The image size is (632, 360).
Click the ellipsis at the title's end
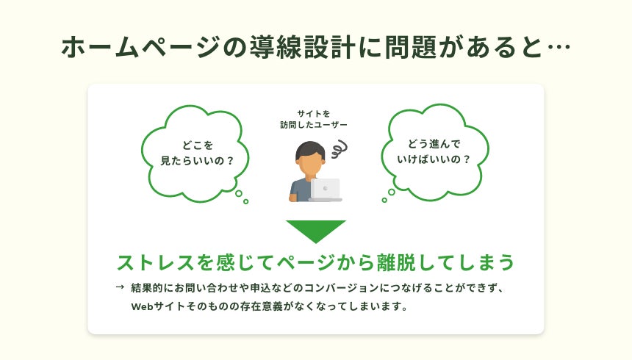559,48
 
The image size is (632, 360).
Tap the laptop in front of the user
326,190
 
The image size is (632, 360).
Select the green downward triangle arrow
316,230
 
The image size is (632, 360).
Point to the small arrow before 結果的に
120,287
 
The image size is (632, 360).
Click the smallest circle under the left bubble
245,201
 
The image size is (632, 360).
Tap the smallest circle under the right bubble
384,200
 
